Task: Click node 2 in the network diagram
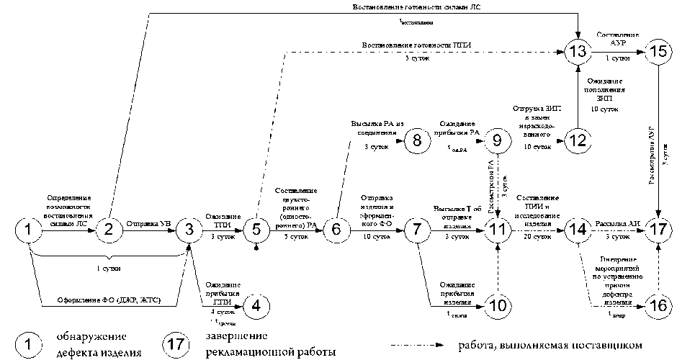click(109, 230)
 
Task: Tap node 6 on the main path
click(336, 230)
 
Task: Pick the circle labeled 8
click(416, 140)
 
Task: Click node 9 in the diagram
click(497, 140)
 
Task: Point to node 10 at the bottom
click(497, 305)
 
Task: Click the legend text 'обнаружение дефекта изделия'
click(97, 344)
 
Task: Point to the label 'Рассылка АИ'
click(615, 222)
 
